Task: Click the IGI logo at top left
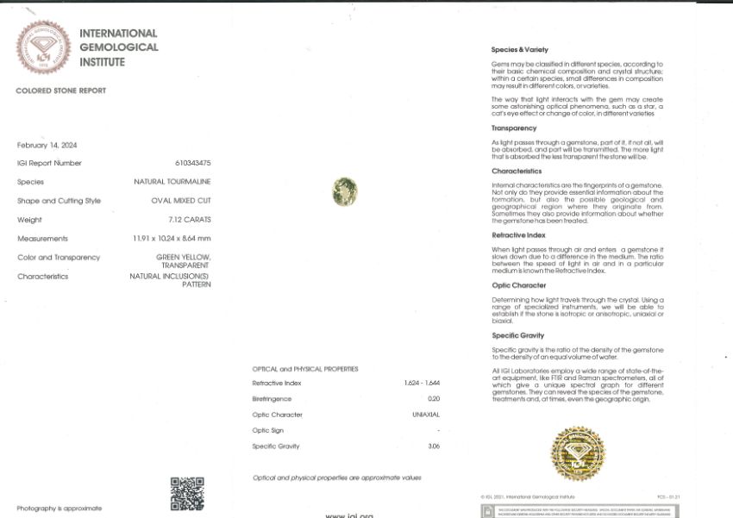(45, 47)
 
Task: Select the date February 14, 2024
(47, 145)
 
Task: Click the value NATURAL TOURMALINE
(172, 182)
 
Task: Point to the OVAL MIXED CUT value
(181, 201)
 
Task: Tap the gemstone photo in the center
(345, 190)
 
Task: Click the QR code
(187, 493)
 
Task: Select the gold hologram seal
(579, 453)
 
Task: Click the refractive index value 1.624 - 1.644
(422, 383)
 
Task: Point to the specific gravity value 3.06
(433, 446)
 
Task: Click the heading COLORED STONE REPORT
(60, 90)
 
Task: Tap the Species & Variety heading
(519, 50)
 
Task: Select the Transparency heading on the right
(514, 128)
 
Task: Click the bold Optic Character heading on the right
(518, 285)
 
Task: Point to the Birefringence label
(272, 399)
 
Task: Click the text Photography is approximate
(59, 509)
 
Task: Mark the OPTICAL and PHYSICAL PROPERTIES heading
(305, 369)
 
